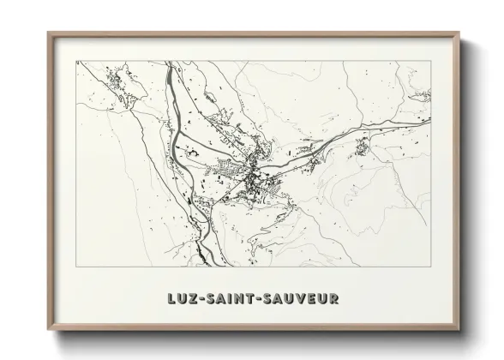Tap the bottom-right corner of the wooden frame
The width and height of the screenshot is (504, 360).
coord(458,329)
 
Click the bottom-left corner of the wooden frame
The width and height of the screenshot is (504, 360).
coord(49,329)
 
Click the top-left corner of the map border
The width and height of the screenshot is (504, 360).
coord(76,61)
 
